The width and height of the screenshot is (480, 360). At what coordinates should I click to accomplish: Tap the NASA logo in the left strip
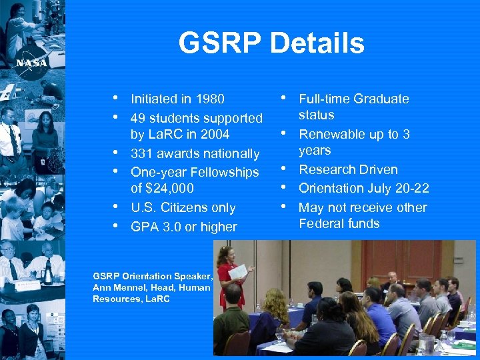click(31, 62)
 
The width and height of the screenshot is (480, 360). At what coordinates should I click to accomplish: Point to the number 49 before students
click(139, 119)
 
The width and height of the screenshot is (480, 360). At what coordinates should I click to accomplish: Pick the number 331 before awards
click(142, 154)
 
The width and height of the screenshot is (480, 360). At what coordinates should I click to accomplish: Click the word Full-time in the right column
click(324, 99)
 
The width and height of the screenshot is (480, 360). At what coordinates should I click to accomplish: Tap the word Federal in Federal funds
click(321, 223)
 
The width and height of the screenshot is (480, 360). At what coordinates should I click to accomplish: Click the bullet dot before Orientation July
click(283, 187)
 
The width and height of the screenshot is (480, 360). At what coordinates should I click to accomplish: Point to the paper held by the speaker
click(238, 271)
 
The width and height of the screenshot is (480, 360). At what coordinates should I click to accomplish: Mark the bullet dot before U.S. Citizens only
click(116, 206)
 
